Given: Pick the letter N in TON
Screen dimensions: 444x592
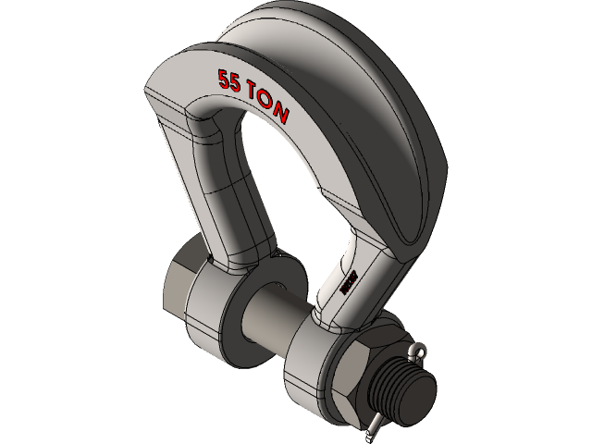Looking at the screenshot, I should coord(283,117).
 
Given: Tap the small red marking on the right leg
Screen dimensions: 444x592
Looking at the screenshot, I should coord(349,282).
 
